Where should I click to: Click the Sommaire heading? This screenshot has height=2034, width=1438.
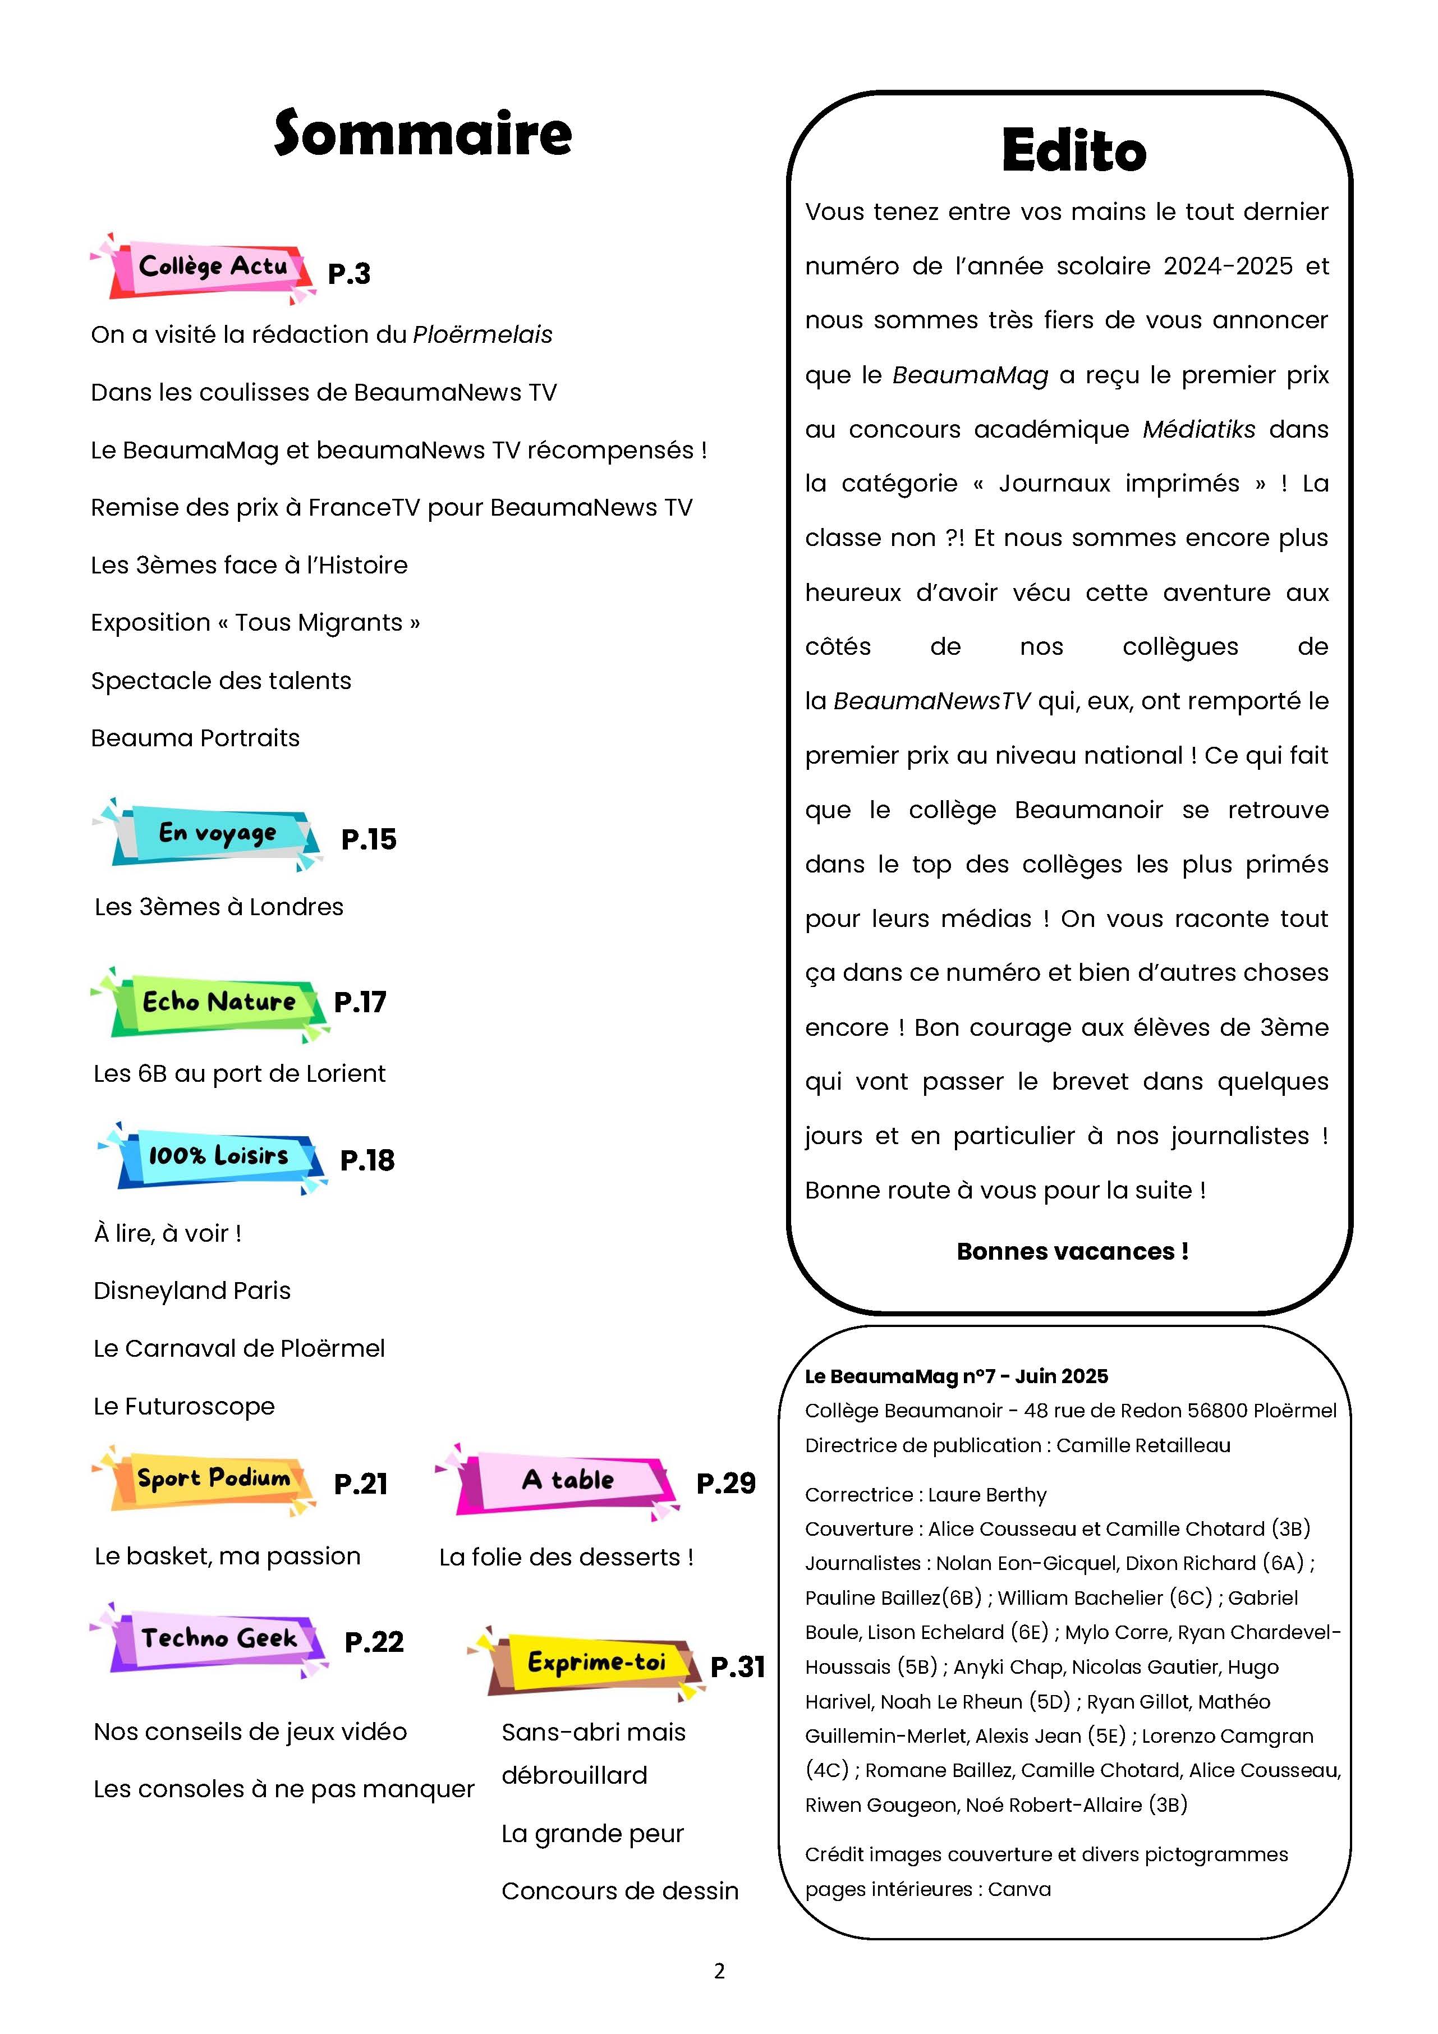click(422, 134)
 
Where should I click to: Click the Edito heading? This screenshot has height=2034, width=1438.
click(1074, 150)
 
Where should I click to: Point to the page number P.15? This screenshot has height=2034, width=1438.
click(369, 839)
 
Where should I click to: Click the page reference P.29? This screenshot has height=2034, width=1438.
click(725, 1483)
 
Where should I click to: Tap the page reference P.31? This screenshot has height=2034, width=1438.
click(737, 1666)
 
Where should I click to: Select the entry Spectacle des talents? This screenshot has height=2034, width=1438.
click(220, 681)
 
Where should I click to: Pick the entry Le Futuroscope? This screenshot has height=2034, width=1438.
click(184, 1406)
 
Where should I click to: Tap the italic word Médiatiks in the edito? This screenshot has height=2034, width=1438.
click(1199, 430)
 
